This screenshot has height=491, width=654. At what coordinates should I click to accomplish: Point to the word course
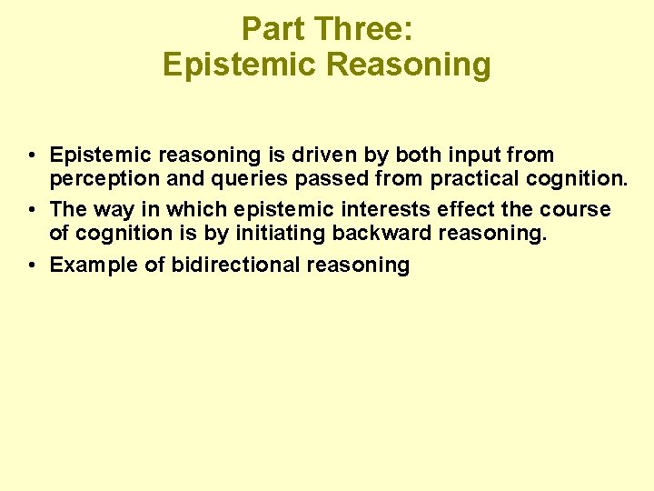[x=576, y=209]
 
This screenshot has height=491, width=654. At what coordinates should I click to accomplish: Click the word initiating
[x=282, y=234]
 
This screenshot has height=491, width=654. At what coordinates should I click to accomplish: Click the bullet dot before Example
[x=32, y=265]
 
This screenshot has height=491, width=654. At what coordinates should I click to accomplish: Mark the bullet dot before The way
[x=32, y=209]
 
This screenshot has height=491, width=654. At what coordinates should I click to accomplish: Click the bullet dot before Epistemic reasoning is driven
[x=32, y=155]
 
